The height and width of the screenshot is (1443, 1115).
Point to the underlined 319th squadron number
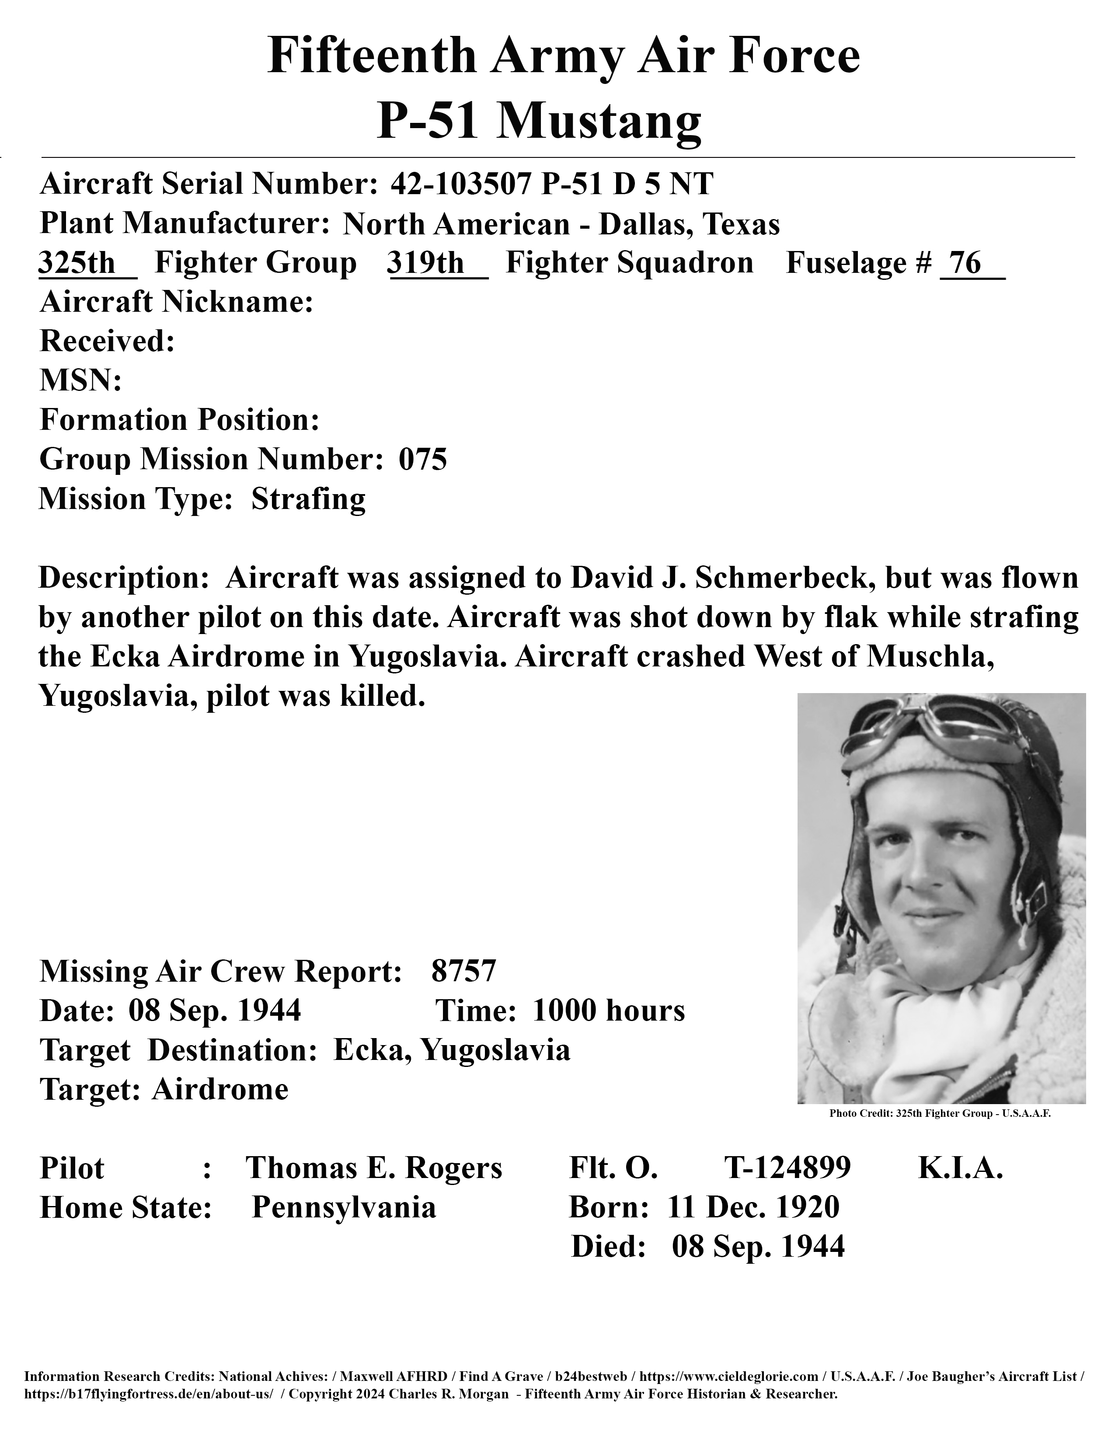click(x=426, y=263)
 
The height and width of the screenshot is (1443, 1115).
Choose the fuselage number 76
click(x=966, y=263)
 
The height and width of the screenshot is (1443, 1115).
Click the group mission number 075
click(x=423, y=459)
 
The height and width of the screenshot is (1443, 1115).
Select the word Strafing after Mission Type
click(x=308, y=499)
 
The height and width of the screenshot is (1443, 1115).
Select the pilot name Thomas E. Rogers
click(x=374, y=1168)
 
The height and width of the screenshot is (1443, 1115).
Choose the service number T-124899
click(x=787, y=1168)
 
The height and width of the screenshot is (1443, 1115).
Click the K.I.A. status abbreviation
click(x=961, y=1168)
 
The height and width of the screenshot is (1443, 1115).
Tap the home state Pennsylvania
click(x=344, y=1208)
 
